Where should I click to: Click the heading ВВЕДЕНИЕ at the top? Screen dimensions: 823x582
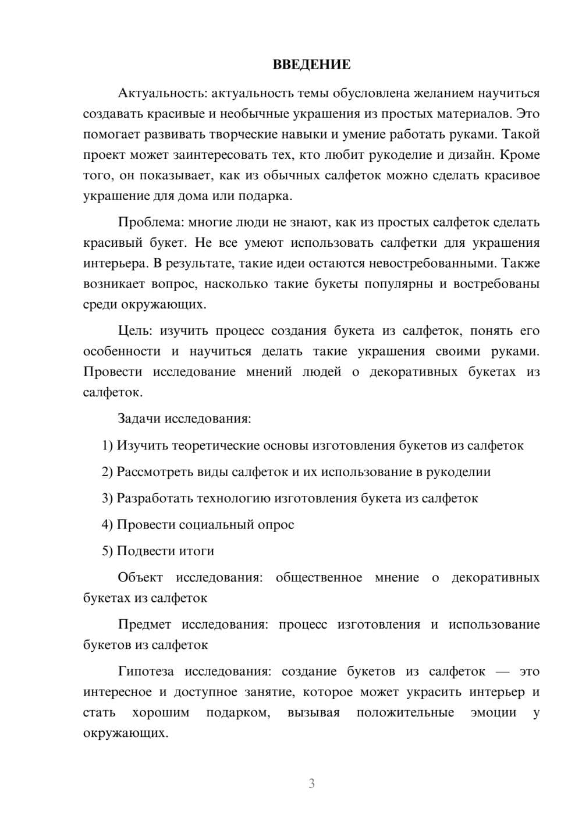[311, 65]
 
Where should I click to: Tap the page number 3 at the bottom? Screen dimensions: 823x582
[311, 783]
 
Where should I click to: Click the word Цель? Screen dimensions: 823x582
[134, 331]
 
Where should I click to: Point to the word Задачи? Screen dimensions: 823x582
[140, 418]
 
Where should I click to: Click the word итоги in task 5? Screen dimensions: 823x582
[197, 551]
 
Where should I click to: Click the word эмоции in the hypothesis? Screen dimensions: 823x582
[493, 712]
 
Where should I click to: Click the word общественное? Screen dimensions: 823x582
[318, 577]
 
